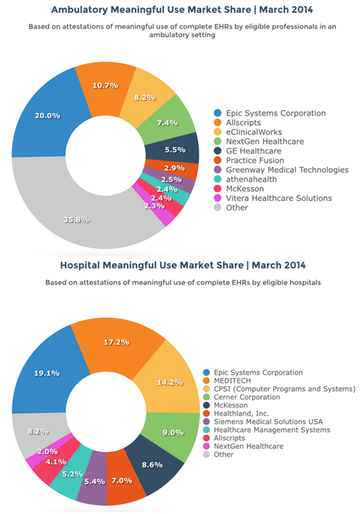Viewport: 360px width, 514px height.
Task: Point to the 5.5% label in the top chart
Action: click(175, 150)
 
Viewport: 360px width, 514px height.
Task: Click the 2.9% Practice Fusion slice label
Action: click(174, 168)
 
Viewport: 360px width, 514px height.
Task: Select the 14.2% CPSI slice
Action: click(170, 383)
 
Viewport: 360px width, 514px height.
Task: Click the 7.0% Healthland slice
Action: click(122, 481)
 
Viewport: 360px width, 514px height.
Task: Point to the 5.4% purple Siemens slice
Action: click(95, 481)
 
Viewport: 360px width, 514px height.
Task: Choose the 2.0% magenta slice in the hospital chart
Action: click(48, 452)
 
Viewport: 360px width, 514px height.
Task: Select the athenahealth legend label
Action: click(251, 180)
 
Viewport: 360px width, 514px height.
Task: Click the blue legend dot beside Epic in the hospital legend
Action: click(206, 373)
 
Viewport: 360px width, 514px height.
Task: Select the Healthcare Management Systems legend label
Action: click(272, 430)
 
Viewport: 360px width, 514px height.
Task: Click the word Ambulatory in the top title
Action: click(80, 10)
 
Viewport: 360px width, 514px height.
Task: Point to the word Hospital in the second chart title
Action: click(80, 265)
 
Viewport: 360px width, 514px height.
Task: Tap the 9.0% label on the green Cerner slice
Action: click(173, 432)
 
